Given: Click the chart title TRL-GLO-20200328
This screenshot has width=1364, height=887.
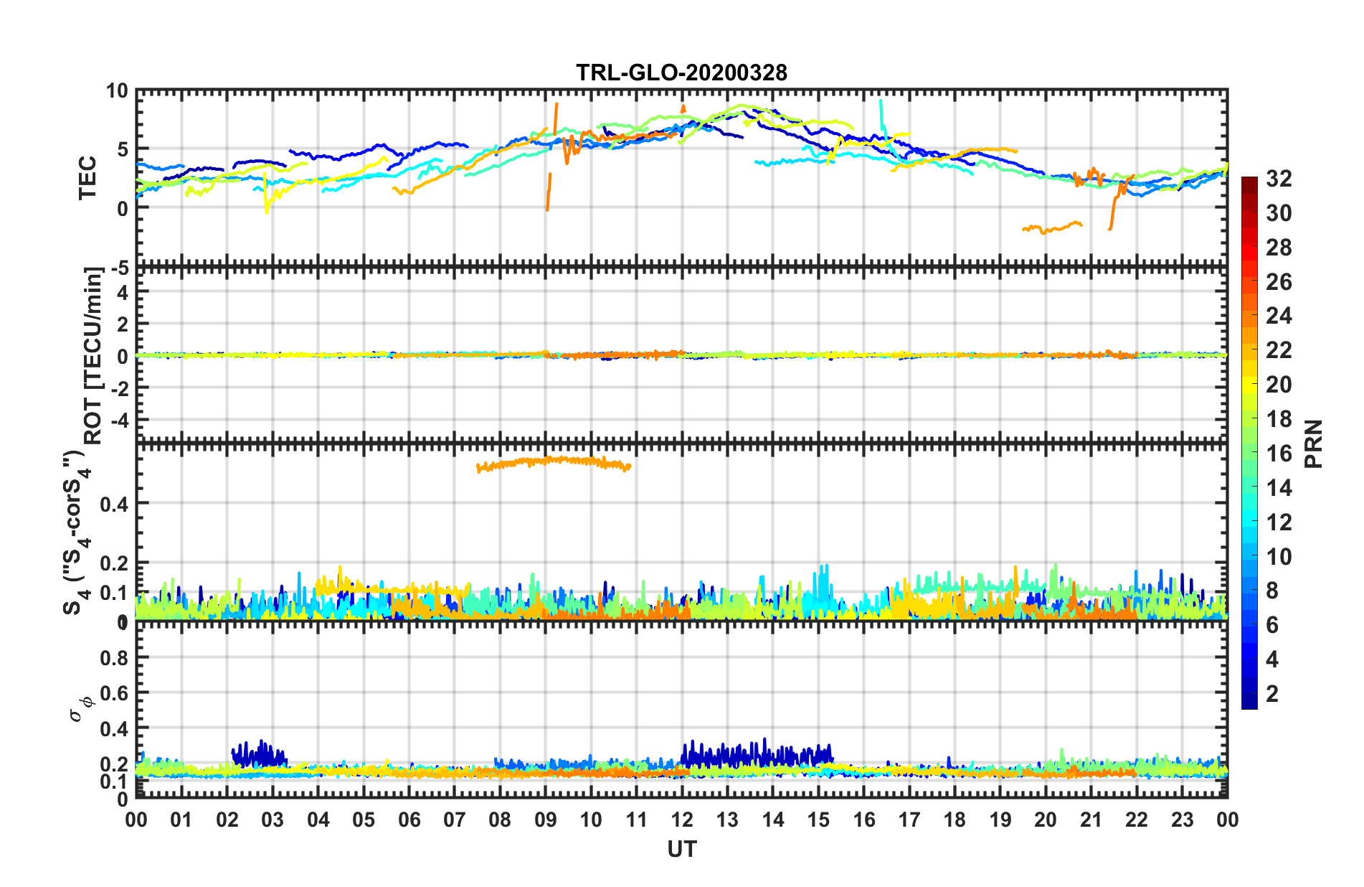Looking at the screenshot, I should (681, 72).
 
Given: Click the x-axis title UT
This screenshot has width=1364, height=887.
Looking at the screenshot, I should (681, 849).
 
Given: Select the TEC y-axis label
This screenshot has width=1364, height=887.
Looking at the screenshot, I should (87, 177).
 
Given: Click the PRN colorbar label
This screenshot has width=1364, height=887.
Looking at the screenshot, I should (1313, 444).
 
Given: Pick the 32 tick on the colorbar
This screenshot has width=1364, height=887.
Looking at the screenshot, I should (1279, 179).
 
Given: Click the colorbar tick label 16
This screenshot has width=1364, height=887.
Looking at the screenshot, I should (1279, 454).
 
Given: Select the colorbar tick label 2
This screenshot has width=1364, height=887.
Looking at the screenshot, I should (1272, 694).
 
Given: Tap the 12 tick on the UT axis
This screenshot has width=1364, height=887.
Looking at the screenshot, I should (682, 820).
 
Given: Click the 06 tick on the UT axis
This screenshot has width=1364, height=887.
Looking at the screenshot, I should (409, 820).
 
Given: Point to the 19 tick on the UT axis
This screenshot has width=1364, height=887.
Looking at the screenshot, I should (1000, 820).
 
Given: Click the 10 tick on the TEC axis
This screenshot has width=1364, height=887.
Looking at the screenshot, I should (116, 91).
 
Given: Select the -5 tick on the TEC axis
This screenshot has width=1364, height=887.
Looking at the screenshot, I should (118, 268).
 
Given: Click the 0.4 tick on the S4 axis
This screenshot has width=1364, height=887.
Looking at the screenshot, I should (114, 504).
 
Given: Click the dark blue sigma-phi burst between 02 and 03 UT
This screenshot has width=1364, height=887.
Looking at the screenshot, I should (258, 754).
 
